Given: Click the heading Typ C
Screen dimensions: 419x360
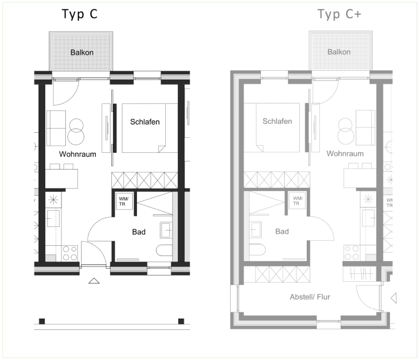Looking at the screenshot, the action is (80, 14).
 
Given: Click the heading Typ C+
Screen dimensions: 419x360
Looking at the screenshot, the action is (339, 14).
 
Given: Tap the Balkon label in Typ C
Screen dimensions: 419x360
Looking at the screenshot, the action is (82, 52).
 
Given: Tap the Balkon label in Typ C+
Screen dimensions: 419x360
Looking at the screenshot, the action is (339, 52).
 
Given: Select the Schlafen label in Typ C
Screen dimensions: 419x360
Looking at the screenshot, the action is (145, 122).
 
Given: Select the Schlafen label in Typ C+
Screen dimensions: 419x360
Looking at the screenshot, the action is (277, 122).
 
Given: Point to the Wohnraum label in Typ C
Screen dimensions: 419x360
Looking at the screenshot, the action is (77, 154).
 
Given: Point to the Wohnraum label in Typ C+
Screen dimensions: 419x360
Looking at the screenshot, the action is (345, 154).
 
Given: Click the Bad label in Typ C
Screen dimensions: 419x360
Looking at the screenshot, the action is (139, 232).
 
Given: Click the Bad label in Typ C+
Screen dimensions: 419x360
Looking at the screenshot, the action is (282, 231).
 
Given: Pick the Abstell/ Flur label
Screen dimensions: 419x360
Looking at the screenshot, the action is (310, 297).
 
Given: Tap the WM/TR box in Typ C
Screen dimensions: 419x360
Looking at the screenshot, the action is (124, 201).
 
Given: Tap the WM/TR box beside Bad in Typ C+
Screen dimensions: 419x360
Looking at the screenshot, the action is (297, 201).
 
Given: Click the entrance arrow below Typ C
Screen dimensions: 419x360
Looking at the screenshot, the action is (94, 281).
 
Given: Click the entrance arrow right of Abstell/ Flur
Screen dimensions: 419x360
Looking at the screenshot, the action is (393, 298).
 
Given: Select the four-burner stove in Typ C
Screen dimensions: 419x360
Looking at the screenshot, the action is (70, 253).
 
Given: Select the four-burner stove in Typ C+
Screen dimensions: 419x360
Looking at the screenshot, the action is (351, 253).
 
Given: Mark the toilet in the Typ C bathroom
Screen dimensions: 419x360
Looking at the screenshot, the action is (164, 251).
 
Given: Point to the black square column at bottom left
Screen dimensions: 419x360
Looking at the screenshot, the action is (42, 321).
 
